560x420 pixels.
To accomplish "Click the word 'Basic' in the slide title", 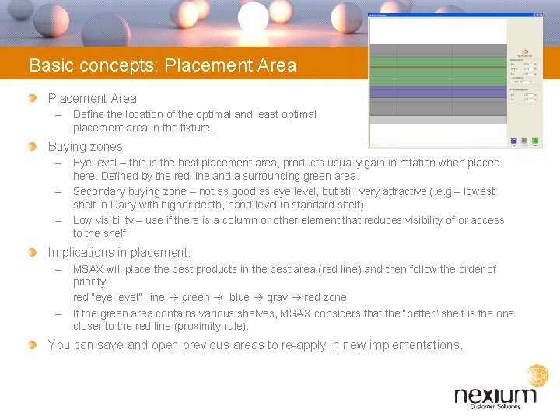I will pos(49,65).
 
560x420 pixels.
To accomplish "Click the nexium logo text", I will pos(495,396).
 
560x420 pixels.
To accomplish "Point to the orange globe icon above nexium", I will pos(537,376).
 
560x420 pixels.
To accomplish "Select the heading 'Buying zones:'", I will pos(86,146).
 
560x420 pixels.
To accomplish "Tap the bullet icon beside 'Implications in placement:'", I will pos(32,253).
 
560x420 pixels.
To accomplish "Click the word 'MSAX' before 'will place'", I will pos(90,269).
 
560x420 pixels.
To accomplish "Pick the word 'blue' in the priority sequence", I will pos(239,297).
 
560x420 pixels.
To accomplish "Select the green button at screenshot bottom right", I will pos(536,141).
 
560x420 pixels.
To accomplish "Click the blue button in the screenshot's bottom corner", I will pos(514,141).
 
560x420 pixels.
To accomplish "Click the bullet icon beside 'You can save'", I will pos(32,345).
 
